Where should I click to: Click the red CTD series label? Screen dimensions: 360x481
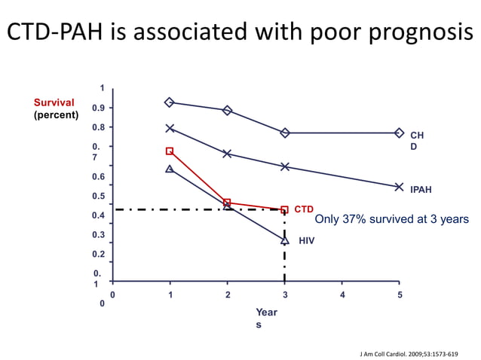pos(304,209)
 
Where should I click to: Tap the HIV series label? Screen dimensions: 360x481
pos(306,241)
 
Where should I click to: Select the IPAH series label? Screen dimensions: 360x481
pos(421,191)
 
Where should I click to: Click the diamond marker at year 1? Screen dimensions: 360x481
pos(170,102)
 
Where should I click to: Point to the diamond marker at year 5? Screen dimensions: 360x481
pos(400,133)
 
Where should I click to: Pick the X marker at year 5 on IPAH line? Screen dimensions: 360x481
pos(400,187)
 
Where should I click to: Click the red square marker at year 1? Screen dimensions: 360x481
pos(170,151)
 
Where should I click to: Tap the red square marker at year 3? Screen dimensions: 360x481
pos(284,209)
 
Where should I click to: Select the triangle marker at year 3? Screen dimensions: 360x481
pos(284,240)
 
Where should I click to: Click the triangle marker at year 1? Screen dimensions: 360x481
pos(170,169)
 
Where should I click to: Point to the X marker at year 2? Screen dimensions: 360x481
pos(227,154)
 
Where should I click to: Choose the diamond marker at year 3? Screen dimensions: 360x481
pos(284,133)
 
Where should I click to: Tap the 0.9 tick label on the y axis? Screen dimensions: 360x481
pos(99,108)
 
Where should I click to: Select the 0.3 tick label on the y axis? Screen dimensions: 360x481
pos(99,235)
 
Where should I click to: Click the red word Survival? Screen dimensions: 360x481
pos(54,102)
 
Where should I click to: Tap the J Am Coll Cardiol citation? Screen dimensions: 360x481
pos(410,352)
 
